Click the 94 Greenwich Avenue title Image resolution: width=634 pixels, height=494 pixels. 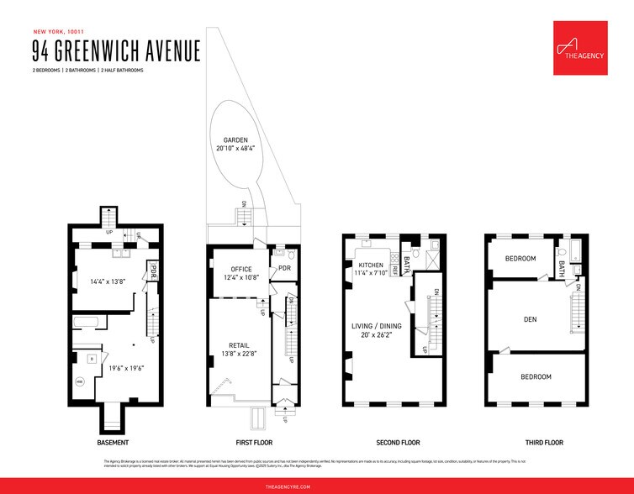pyautogui.click(x=116, y=50)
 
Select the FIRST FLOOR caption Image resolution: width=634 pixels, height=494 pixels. pyautogui.click(x=251, y=442)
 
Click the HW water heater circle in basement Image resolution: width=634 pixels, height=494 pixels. pyautogui.click(x=80, y=381)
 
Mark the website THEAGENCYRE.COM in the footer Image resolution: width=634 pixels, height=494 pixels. pyautogui.click(x=317, y=486)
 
